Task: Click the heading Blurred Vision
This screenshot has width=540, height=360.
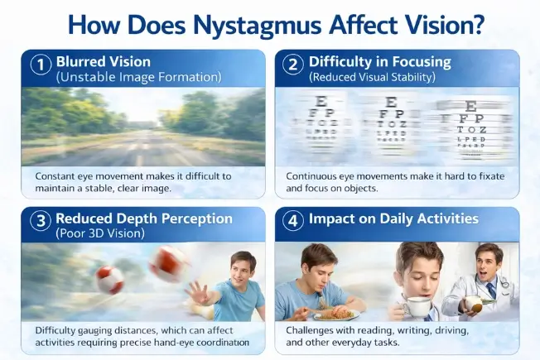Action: coord(104,62)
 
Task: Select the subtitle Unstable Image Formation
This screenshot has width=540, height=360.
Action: coord(138,77)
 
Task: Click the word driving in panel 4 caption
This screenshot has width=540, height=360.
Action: coord(446,330)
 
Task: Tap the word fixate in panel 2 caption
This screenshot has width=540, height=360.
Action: coord(489,176)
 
